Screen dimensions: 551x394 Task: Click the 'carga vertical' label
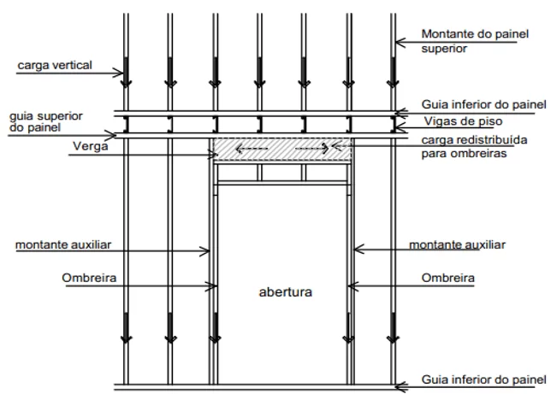point(55,65)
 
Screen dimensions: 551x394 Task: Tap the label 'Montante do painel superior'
point(475,41)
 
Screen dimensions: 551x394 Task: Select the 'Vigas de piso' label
point(463,121)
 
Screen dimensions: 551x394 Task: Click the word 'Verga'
point(91,146)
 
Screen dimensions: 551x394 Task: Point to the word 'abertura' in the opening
point(286,292)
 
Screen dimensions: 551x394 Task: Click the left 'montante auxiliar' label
point(63,244)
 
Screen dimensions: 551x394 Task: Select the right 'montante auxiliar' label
point(457,244)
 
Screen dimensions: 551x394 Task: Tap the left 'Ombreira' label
point(89,278)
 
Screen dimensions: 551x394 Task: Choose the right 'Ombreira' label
point(448,278)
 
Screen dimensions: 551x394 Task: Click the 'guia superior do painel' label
point(45,121)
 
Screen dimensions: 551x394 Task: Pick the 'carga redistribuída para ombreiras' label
point(474,146)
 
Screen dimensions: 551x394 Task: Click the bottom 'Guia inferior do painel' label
point(483,379)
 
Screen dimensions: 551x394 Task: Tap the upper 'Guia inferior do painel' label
point(483,104)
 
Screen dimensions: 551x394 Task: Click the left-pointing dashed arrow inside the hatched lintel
point(252,149)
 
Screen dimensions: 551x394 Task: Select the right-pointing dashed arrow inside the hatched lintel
point(312,149)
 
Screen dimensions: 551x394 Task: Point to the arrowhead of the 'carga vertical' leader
point(120,74)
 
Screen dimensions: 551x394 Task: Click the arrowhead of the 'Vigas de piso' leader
point(398,127)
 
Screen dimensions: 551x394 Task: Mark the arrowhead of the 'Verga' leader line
point(212,155)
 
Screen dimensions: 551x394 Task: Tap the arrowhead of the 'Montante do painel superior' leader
point(400,43)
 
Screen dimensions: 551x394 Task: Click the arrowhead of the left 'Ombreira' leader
point(212,286)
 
